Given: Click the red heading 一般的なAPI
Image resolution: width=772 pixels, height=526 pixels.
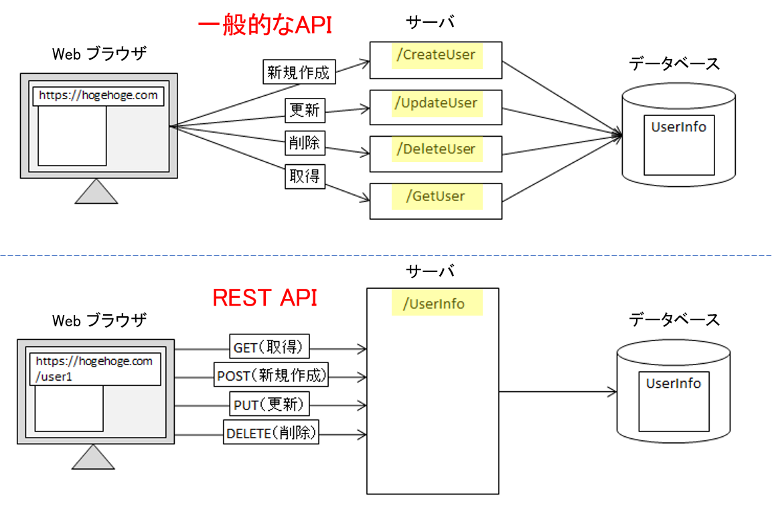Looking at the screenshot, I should coord(264,25).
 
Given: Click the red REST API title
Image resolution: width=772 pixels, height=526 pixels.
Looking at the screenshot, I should coord(264,298).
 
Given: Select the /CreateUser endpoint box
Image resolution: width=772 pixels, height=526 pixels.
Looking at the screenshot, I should coord(436,56).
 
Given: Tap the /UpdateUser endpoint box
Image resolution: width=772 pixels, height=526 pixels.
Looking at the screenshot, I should coord(436,103).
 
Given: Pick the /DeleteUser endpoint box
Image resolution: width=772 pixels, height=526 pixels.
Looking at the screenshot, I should coord(436,149).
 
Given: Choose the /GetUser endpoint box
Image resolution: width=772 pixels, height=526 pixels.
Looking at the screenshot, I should coord(436,197).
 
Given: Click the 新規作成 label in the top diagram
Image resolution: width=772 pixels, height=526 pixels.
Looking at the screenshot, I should coord(298,72).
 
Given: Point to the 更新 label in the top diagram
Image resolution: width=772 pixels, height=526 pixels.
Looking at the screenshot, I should coord(304,111).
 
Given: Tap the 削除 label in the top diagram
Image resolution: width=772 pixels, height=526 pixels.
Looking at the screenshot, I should coord(304,143).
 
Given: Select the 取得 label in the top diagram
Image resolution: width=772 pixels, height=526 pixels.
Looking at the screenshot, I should coord(305,176).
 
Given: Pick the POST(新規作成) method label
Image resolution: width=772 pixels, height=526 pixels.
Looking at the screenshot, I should coord(272,376).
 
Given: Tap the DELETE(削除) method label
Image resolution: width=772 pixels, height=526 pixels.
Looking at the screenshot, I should coord(272,434).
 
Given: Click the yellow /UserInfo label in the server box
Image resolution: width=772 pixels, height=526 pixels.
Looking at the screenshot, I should coord(437,304).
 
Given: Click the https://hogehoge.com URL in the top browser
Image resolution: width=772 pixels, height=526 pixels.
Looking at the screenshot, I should coord(98,95).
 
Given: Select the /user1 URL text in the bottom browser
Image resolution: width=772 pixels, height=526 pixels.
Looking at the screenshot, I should coord(54,376).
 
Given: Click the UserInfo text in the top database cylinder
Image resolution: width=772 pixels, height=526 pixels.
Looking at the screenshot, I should coord(678,127).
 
